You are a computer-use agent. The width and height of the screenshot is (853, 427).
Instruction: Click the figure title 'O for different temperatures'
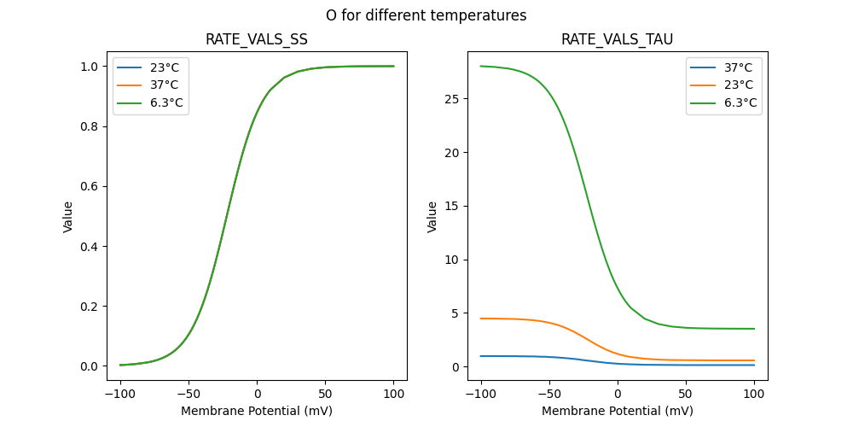[x=426, y=15]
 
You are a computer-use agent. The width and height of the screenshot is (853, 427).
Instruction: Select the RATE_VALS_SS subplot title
[x=257, y=40]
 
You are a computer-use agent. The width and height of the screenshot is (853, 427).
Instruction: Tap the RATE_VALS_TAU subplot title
[x=617, y=40]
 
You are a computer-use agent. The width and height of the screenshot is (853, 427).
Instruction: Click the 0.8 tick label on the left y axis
[x=89, y=126]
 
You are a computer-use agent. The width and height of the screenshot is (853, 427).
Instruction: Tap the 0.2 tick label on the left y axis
[x=89, y=307]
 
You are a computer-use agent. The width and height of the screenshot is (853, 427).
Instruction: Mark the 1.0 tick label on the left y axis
[x=89, y=67]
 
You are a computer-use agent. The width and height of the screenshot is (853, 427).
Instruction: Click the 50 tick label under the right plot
[x=685, y=394]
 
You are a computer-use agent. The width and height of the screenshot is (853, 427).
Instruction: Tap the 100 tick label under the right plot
[x=753, y=394]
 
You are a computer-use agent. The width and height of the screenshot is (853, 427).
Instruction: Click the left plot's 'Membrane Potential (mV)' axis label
[x=257, y=411]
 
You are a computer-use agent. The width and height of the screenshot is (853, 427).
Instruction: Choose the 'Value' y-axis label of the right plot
[x=432, y=216]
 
